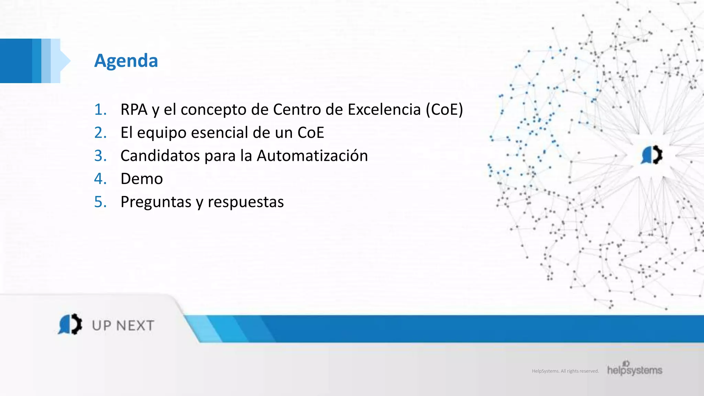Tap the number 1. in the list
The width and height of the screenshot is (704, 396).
coord(100,110)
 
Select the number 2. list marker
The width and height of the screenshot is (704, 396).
coord(100,133)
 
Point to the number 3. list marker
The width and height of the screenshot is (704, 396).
coord(100,156)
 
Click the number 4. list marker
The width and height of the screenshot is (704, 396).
coord(100,179)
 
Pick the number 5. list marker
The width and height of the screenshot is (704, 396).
coord(100,202)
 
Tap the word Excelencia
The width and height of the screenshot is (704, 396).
coord(384,110)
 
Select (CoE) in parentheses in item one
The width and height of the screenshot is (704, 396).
coord(444,110)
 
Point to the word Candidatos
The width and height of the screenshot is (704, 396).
coord(160,156)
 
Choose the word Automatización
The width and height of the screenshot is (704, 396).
coord(312,156)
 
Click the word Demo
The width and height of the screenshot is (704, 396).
coord(142,179)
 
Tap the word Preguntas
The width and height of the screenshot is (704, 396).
coord(156,202)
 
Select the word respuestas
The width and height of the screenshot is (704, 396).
coord(245,202)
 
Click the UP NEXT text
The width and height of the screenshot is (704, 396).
coord(123,326)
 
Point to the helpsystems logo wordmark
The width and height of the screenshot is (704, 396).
coord(635,370)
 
